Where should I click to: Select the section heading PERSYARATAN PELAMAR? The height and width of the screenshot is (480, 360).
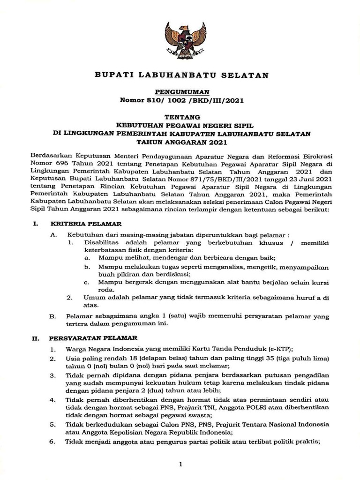[93, 338]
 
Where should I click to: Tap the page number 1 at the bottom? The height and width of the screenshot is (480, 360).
[180, 464]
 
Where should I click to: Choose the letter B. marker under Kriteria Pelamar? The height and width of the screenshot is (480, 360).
[53, 316]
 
